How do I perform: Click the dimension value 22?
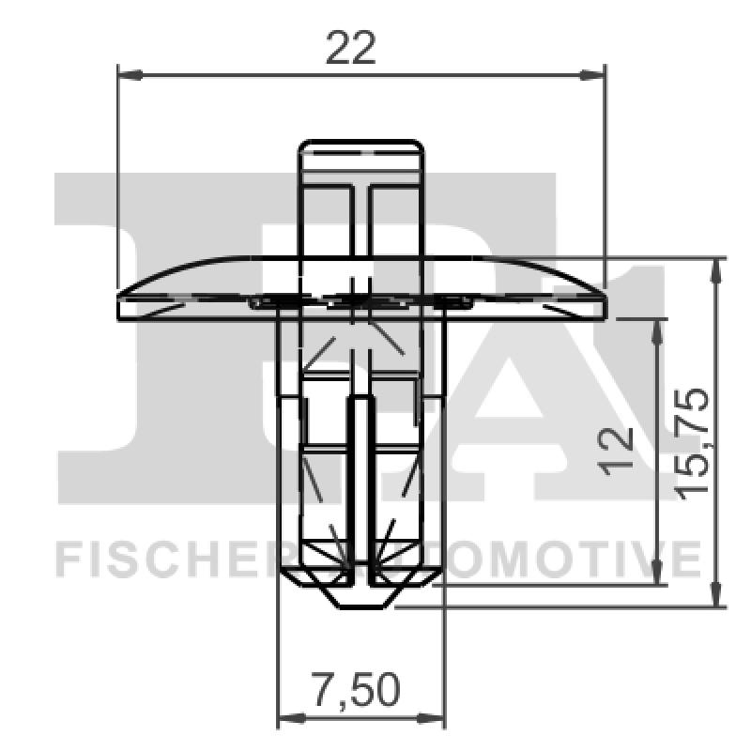(350, 47)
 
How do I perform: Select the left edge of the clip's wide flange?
(118, 302)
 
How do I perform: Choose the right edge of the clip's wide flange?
(606, 302)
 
